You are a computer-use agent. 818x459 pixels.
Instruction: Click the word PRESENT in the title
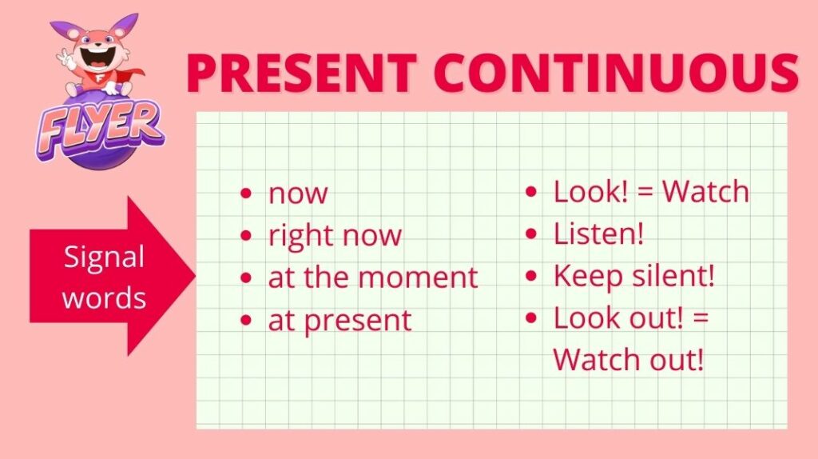[301, 72]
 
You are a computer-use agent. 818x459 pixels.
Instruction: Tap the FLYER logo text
[99, 129]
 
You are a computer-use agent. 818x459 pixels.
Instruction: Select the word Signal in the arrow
[104, 257]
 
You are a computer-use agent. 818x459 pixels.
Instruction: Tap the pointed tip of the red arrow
[195, 276]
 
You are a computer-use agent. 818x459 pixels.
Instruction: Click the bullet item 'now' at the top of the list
[298, 194]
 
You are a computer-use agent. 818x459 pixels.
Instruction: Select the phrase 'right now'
[335, 237]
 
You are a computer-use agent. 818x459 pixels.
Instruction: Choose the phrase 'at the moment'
[373, 277]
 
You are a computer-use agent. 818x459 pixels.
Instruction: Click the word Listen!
[598, 233]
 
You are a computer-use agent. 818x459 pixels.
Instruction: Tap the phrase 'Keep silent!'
[633, 276]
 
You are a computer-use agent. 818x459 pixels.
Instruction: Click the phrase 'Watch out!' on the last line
[629, 359]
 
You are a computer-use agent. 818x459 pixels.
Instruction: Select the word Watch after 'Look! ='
[705, 191]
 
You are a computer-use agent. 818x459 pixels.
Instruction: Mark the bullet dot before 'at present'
[246, 320]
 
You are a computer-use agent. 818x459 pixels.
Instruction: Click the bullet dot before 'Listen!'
[531, 234]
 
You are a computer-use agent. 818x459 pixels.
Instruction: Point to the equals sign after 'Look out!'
[701, 318]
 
